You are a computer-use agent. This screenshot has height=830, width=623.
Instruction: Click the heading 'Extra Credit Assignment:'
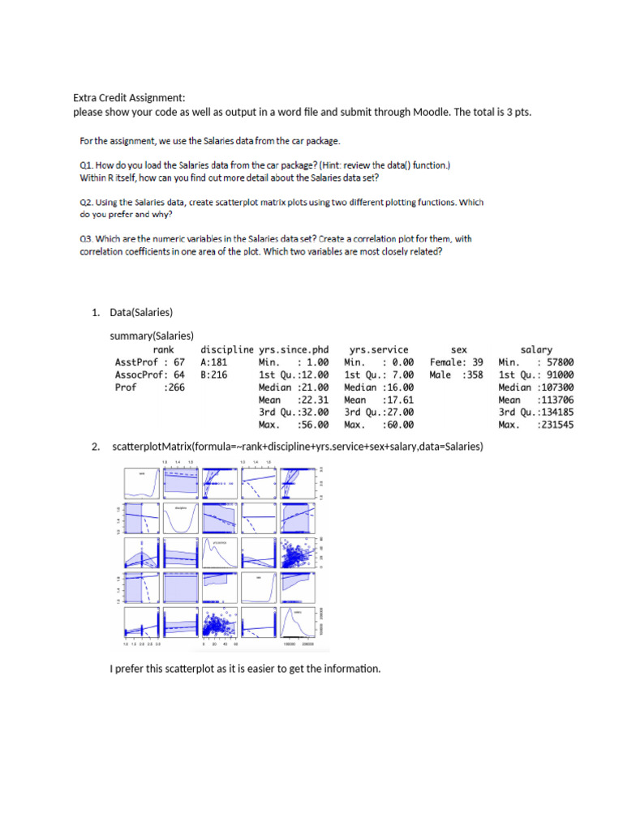[x=130, y=98]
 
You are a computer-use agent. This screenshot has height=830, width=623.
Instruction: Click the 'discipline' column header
[x=227, y=350]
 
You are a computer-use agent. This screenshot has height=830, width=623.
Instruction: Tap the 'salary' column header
[x=536, y=350]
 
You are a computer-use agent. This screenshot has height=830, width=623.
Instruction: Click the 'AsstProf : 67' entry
[x=150, y=362]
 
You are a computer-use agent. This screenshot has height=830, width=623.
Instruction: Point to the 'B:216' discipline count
[x=214, y=375]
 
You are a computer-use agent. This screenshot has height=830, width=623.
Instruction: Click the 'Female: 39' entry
[x=456, y=362]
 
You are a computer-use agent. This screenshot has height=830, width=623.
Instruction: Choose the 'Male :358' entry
[x=456, y=375]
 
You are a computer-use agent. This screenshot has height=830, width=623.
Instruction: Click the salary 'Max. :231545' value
[x=535, y=425]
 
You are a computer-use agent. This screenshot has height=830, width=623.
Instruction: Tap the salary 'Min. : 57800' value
[x=535, y=362]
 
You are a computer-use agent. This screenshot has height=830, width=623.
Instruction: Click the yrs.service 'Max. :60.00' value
[x=379, y=425]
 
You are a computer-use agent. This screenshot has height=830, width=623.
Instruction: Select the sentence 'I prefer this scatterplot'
[x=244, y=669]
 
